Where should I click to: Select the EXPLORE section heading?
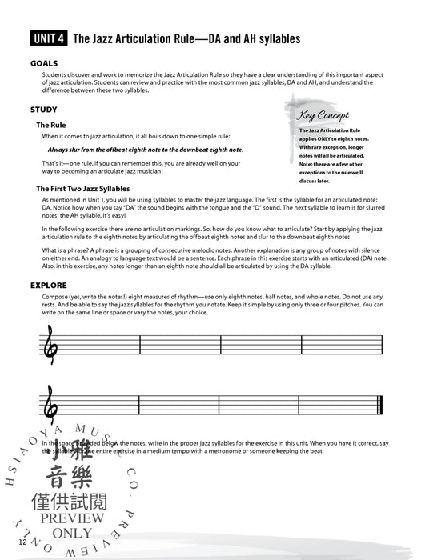pyautogui.click(x=48, y=285)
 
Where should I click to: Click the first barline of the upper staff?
pyautogui.click(x=140, y=344)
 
